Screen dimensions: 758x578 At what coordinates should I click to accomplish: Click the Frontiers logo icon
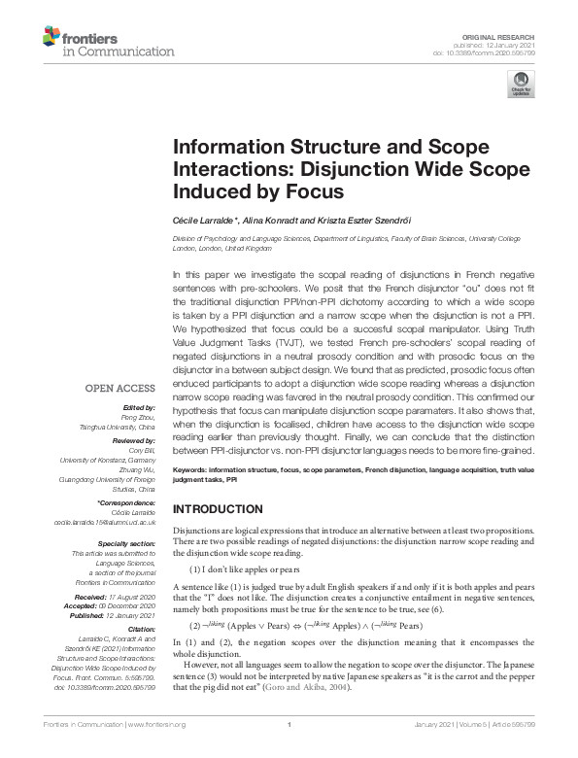pos(51,38)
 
